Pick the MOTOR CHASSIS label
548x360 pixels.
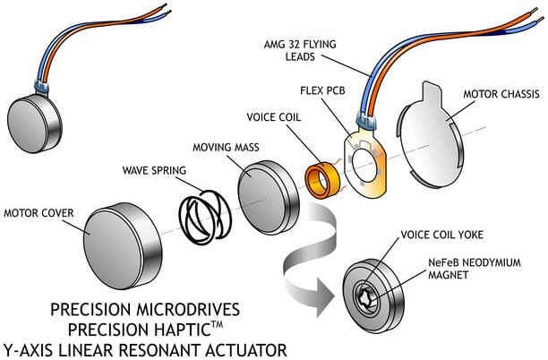[502, 92]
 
